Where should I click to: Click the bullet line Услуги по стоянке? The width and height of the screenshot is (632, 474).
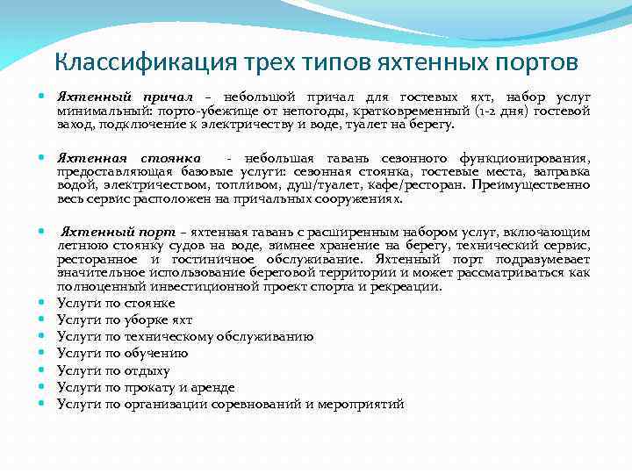[x=115, y=303]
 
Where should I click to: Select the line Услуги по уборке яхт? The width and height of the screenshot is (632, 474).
[x=124, y=320]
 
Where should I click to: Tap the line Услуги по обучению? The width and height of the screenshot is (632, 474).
[x=122, y=353]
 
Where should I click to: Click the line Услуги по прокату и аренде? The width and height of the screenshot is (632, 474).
[x=145, y=387]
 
